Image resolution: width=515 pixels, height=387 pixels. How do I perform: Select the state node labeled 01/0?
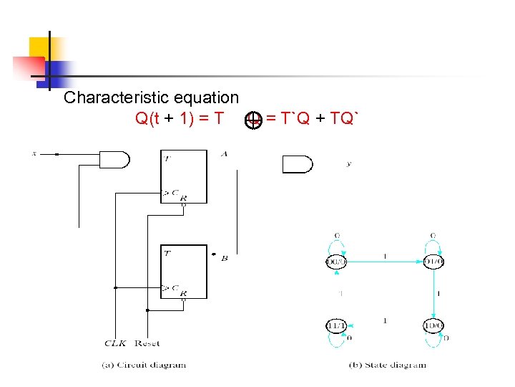(433, 262)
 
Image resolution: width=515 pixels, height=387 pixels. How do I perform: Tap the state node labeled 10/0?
(433, 327)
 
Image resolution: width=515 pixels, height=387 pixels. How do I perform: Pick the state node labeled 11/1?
(336, 327)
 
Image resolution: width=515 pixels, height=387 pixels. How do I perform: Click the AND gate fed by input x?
(114, 159)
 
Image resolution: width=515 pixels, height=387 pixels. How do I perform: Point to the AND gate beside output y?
(298, 164)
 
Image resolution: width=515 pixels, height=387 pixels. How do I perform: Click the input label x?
(34, 153)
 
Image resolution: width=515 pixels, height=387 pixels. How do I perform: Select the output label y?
(348, 164)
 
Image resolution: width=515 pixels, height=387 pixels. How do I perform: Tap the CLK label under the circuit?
(114, 343)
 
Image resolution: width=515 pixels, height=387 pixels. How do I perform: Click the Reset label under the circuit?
(147, 343)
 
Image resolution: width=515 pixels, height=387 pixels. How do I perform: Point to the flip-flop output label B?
(224, 257)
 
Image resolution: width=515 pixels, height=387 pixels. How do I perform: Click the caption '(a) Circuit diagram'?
(143, 365)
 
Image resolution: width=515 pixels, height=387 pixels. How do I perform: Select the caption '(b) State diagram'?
(387, 365)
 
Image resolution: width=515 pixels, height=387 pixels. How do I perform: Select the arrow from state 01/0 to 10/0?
(434, 295)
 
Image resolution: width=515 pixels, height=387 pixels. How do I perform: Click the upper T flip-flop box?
(183, 176)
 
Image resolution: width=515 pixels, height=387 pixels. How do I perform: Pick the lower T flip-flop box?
(183, 272)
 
